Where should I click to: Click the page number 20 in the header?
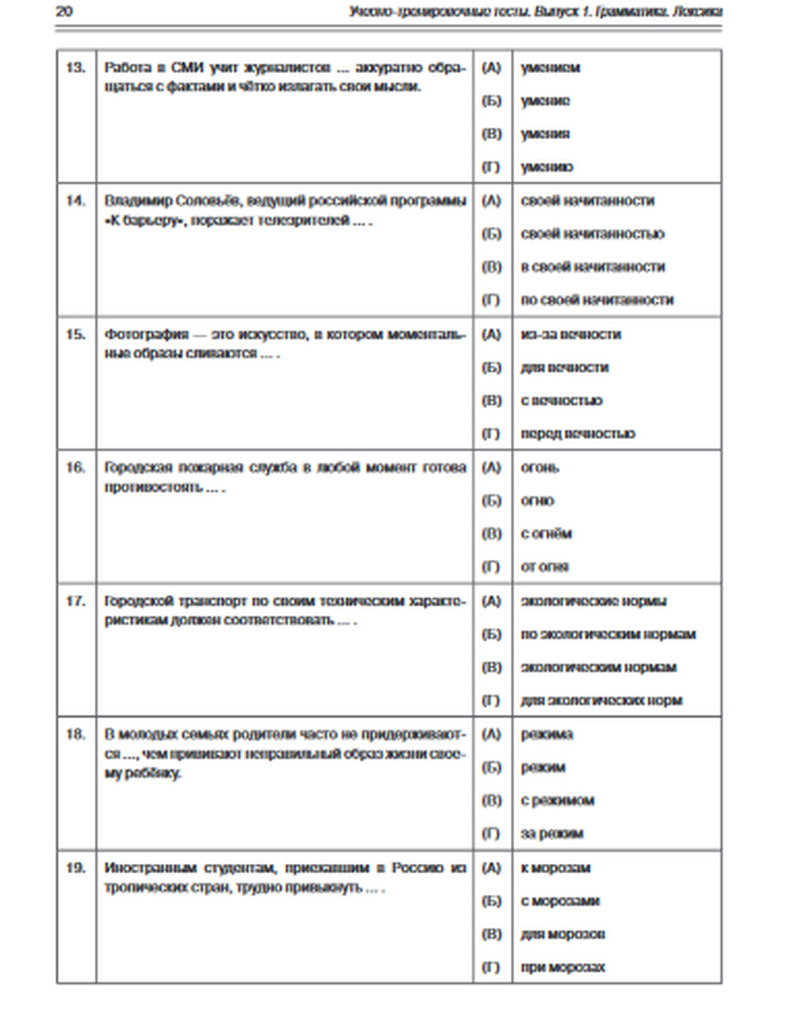pos(64,11)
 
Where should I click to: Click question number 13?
pos(76,68)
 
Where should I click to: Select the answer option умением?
pos(550,68)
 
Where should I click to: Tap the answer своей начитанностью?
pos(592,234)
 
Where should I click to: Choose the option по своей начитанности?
pos(597,300)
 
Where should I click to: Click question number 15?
pos(76,334)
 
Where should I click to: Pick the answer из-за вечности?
pos(571,334)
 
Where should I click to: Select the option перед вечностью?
pos(578,433)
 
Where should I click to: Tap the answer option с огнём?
pos(546,534)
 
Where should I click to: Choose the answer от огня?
pos(544,566)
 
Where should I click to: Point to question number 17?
pos(76,601)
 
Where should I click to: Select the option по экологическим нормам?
pos(608,634)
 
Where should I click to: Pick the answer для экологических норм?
pos(601,701)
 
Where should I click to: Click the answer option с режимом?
pos(557,800)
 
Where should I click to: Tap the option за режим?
pos(552,834)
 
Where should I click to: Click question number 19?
pos(76,868)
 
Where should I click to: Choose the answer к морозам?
pos(556,868)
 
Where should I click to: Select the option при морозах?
pos(563,967)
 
